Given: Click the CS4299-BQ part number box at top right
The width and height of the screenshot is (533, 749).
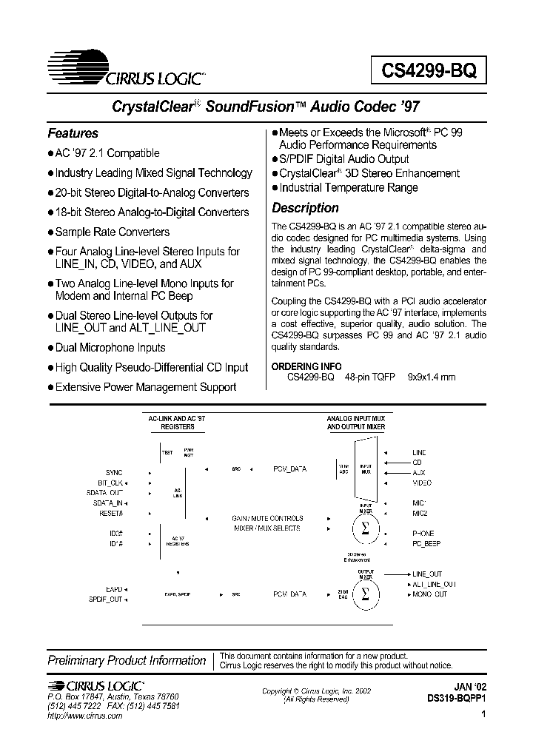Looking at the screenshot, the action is pos(429,71).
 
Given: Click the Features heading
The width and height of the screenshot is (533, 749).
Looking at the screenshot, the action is pos(73,133).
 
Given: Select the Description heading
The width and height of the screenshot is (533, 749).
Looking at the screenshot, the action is pos(305,208).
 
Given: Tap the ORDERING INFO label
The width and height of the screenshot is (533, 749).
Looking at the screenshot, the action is pos(306,366).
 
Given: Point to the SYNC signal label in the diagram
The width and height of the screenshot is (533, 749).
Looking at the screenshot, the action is pos(114,472).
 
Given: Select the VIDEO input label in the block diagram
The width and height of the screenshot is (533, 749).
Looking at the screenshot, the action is pos(422,483).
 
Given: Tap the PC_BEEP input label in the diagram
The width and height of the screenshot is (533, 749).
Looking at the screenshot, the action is pos(426,543).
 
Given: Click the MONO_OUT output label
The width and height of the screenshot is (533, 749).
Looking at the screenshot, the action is pos(429,594).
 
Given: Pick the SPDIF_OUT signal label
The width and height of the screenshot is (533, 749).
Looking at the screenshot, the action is pos(106,599).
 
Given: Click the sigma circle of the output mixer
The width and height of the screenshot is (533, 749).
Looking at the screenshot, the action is pos(364,594).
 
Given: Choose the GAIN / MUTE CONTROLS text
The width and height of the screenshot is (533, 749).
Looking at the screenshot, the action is pos(267,518).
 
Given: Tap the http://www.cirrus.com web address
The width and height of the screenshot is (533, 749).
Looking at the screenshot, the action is pos(85,716).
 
